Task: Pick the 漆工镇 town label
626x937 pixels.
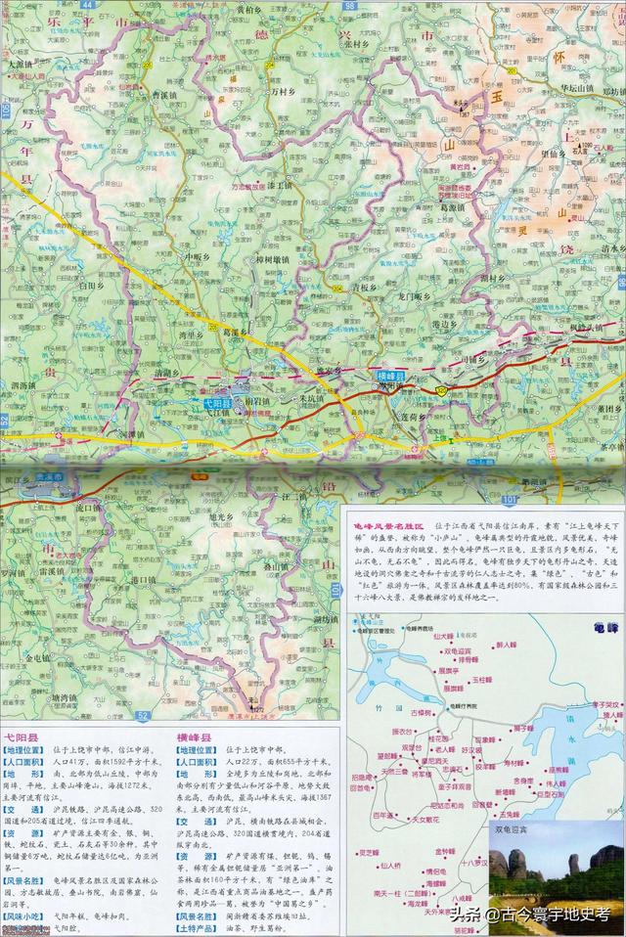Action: coord(279,184)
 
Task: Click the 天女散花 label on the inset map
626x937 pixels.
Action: coord(429,818)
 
